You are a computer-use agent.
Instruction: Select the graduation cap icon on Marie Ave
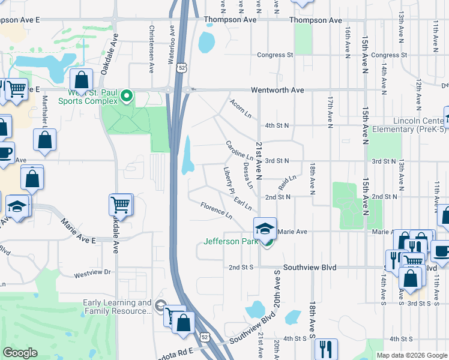pyautogui.click(x=265, y=229)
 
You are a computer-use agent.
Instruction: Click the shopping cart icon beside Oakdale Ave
pyautogui.click(x=121, y=205)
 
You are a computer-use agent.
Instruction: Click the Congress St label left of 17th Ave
pyautogui.click(x=275, y=55)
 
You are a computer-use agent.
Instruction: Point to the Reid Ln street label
pyautogui.click(x=288, y=182)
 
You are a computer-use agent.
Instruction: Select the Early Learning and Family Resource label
pyautogui.click(x=117, y=307)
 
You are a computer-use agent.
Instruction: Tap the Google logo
pyautogui.click(x=20, y=353)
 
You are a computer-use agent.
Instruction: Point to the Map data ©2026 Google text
pyautogui.click(x=411, y=355)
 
